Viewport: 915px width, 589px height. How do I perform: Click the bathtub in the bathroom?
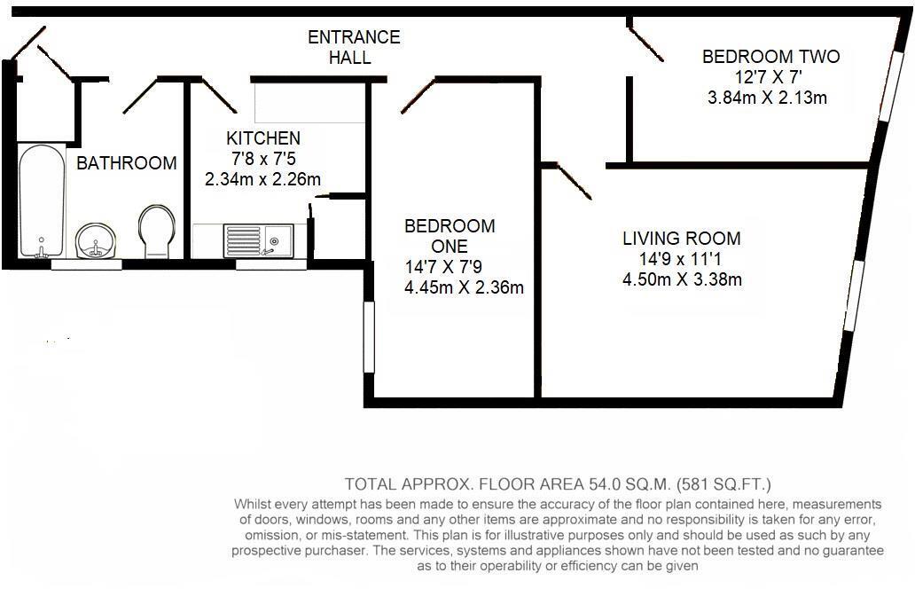(42, 200)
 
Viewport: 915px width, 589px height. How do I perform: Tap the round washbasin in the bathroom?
(96, 240)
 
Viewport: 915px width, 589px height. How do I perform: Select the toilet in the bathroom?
(157, 232)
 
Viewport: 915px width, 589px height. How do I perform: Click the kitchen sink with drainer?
(259, 240)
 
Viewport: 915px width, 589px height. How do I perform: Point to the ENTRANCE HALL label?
(354, 47)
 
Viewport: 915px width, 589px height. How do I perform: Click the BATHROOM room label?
(127, 163)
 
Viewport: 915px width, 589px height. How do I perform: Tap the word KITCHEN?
(263, 138)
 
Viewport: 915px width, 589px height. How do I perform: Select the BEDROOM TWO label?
(770, 57)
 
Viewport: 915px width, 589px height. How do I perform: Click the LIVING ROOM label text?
(682, 238)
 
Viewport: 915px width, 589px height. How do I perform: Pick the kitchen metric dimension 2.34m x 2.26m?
(262, 178)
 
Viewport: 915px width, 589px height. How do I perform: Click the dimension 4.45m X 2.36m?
(464, 287)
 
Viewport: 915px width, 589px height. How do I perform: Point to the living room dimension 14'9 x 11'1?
(681, 259)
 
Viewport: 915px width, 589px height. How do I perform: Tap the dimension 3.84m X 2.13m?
(767, 98)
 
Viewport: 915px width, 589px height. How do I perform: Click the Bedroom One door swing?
(418, 95)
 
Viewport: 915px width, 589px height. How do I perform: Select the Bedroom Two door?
(646, 43)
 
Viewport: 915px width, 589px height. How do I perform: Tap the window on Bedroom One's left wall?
(370, 337)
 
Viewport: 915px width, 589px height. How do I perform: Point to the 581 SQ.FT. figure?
(723, 484)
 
